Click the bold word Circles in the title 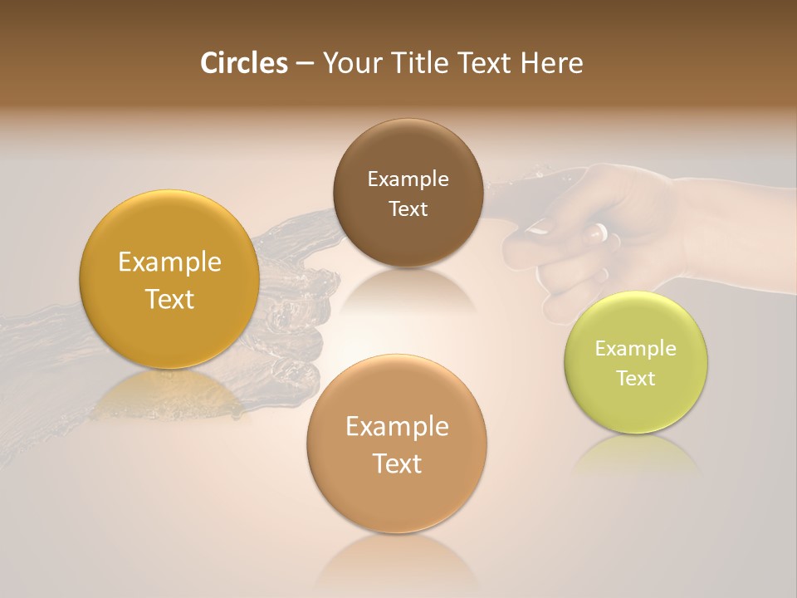click(244, 63)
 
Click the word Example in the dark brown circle click(408, 179)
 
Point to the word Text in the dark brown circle click(408, 209)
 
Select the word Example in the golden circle click(169, 262)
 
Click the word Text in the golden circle click(169, 299)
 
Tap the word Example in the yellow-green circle click(636, 349)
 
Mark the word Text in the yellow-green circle click(636, 379)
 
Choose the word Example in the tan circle click(397, 427)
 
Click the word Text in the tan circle click(397, 463)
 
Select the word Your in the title click(350, 63)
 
